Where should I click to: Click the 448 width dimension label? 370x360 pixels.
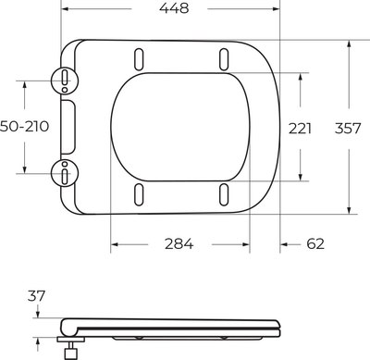tap(173, 9)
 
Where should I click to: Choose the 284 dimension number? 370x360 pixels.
tap(178, 244)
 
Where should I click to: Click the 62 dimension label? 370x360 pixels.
tap(314, 244)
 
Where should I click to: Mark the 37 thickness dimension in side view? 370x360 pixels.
tap(37, 296)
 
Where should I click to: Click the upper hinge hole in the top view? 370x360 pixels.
tap(66, 81)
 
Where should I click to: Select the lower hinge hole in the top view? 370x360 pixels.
tap(66, 170)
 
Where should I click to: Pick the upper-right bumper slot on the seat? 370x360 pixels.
tap(225, 57)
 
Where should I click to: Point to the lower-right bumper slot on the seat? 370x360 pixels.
tap(225, 194)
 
